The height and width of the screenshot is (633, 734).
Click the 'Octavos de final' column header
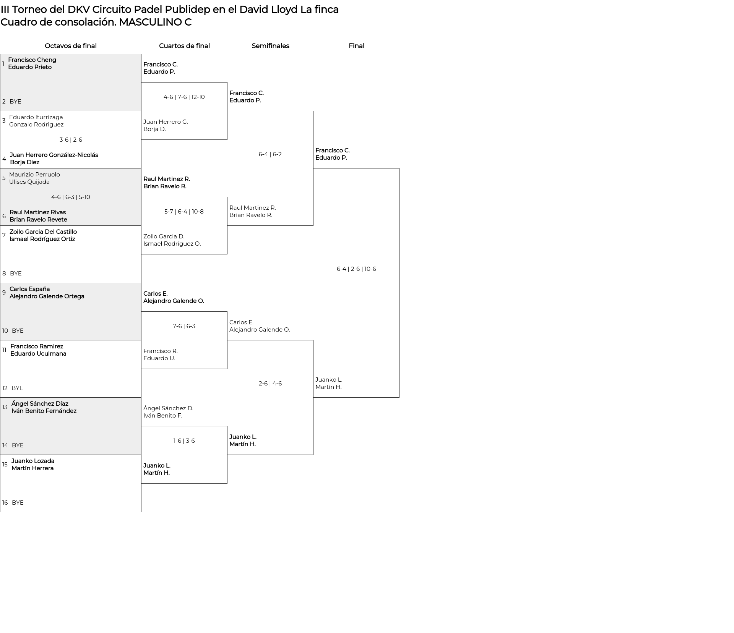pos(71,46)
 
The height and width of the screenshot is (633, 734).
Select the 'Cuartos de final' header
pos(184,46)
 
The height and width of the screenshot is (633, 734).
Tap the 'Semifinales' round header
pos(270,46)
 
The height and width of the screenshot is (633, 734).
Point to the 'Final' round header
pos(356,46)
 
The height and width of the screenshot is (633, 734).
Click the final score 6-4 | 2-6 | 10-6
pos(356,269)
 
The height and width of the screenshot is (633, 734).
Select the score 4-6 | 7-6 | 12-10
pos(184,97)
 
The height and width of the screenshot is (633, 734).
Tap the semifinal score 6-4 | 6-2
pos(270,154)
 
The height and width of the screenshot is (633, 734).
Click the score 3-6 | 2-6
pos(71,140)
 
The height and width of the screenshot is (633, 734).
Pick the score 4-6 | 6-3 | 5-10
pos(71,197)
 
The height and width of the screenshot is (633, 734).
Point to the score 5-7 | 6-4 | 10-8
pos(184,212)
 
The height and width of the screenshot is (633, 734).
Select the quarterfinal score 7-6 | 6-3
pos(184,326)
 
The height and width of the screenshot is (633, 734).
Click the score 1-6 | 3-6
pos(184,441)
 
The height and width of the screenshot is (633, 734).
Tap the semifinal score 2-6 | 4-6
pos(270,384)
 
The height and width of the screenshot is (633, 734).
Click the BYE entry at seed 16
pos(18,503)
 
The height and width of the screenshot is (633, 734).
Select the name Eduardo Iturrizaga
pos(36,117)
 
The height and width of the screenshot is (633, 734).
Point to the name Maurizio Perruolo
pos(34,175)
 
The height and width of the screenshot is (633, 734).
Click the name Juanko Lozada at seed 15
pos(33,461)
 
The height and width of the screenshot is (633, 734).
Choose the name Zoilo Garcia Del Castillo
pos(43,232)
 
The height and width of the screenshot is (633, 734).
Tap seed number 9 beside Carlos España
pos(4,293)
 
